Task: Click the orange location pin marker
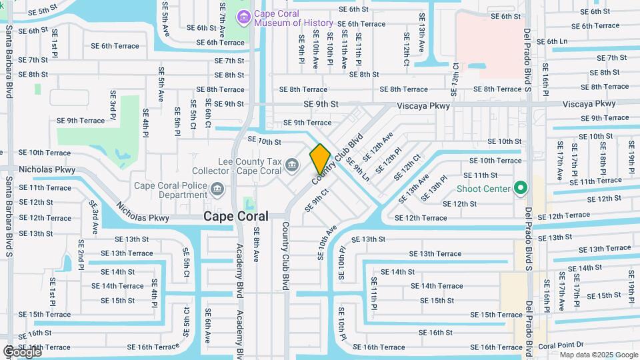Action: tap(320, 159)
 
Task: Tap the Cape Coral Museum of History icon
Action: tap(243, 16)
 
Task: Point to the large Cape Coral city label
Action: tap(235, 217)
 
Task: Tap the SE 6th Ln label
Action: tap(551, 41)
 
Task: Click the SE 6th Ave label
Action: tap(208, 326)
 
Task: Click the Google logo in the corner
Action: tap(23, 351)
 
